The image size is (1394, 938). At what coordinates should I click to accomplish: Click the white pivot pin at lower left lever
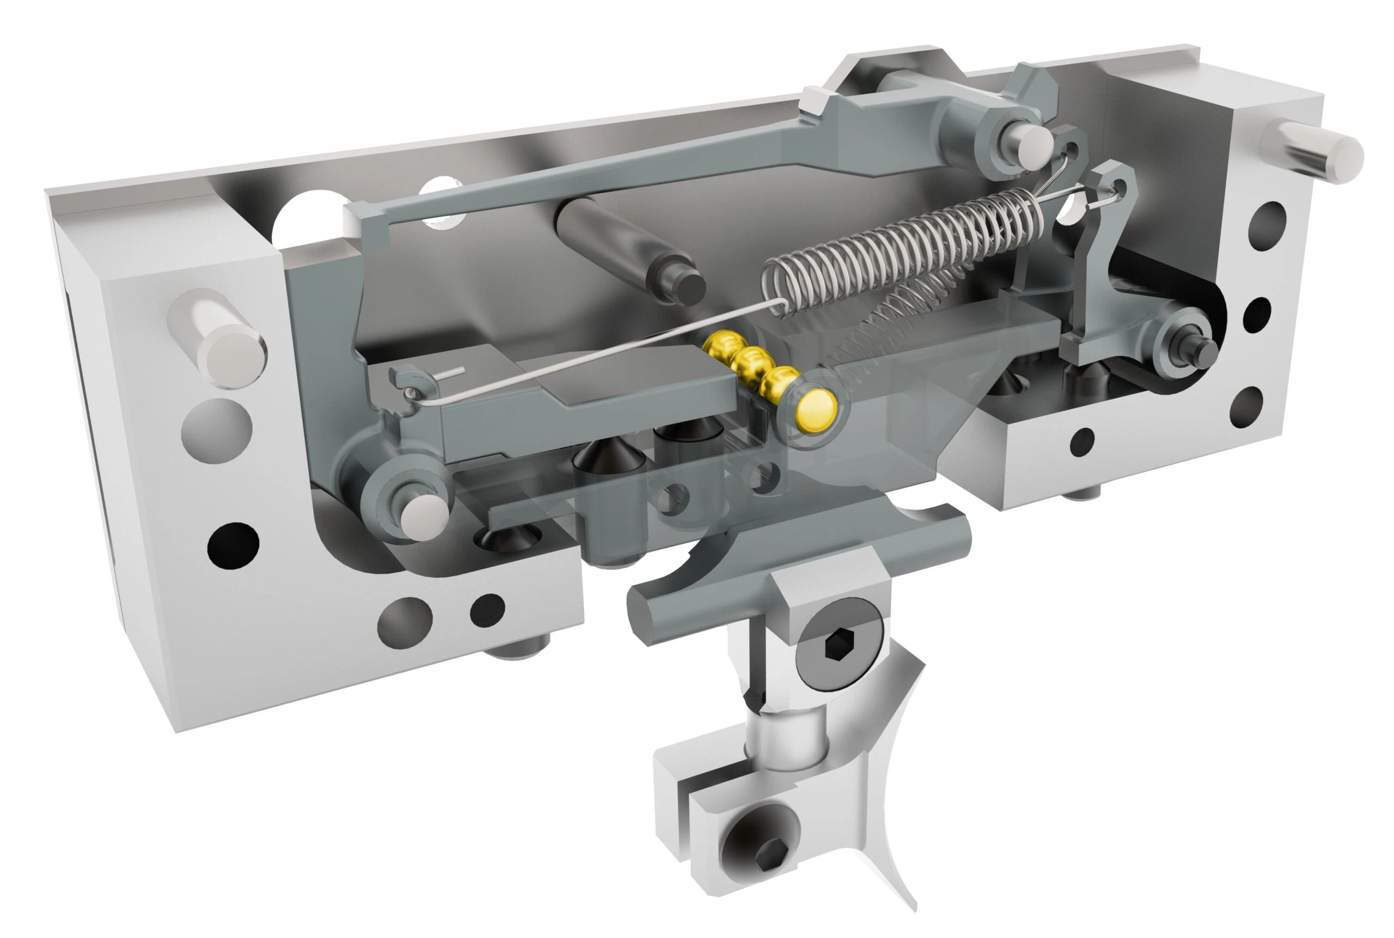[x=424, y=518]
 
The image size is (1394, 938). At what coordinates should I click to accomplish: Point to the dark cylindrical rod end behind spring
[x=688, y=286]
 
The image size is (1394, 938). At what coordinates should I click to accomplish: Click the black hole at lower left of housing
[x=233, y=546]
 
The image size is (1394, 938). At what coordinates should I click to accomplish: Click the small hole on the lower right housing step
[x=1081, y=442]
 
